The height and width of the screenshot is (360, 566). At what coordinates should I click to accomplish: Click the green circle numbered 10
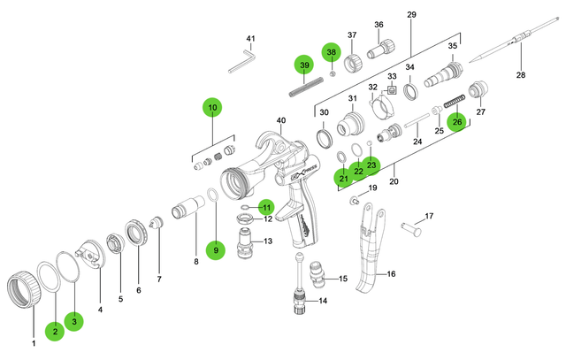coord(212,108)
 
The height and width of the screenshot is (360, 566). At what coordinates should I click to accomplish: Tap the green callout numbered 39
coord(303,65)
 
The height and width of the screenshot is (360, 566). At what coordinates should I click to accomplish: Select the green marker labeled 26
coord(456,122)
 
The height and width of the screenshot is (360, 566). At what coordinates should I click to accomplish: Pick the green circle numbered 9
coord(215,251)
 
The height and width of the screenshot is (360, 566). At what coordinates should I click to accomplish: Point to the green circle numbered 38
coord(331,52)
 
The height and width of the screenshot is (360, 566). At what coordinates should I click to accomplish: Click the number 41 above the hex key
coord(250,38)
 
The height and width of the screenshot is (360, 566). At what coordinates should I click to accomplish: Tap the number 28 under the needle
coord(520,75)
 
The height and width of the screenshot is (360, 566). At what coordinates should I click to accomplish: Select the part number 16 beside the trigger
coord(391,274)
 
